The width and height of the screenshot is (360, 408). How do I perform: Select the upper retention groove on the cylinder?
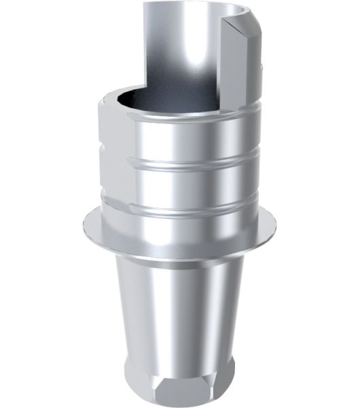click(180, 163)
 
